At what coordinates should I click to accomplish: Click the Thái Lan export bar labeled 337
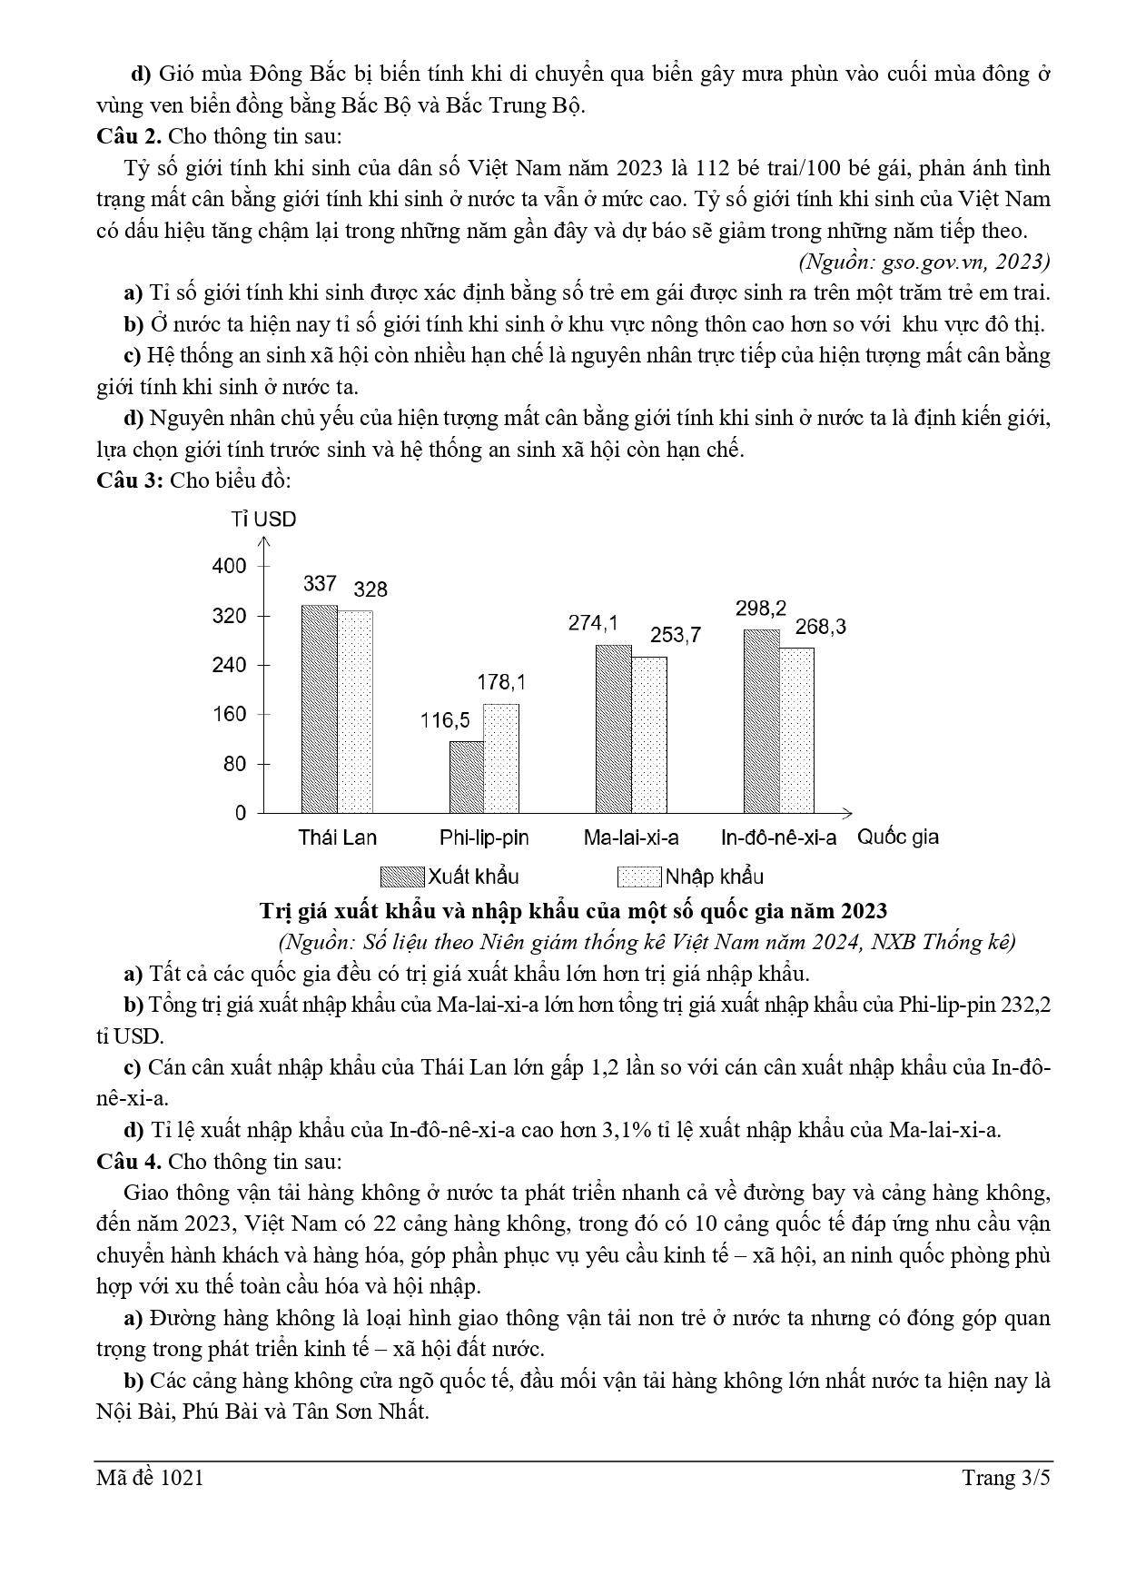[320, 708]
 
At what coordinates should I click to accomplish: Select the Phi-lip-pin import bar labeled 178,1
[501, 758]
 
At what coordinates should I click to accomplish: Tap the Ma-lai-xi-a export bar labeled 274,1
[614, 728]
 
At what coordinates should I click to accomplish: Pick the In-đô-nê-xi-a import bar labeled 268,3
[797, 730]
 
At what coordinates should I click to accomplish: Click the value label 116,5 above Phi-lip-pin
[445, 720]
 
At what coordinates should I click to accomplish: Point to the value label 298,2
[761, 609]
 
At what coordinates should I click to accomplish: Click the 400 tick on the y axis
[229, 566]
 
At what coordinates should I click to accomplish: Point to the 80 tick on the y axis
[234, 763]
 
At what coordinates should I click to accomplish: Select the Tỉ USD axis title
[263, 520]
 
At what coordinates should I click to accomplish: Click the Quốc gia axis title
[898, 837]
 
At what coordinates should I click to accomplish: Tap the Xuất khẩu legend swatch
[402, 877]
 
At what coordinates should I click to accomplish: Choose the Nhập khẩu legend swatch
[639, 877]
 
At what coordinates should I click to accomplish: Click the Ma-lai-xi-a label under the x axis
[631, 837]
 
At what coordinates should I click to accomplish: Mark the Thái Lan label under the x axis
[338, 837]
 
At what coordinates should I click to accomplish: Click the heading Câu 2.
[129, 136]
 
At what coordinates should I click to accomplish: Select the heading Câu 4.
[129, 1161]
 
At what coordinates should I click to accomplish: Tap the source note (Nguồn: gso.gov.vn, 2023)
[924, 262]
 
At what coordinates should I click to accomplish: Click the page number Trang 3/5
[1006, 1478]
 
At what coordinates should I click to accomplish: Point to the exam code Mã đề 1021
[150, 1478]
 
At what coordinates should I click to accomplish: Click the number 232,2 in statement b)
[1027, 1006]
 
